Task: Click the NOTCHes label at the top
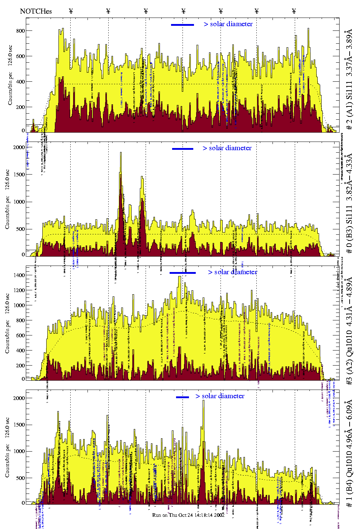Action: (x=36, y=11)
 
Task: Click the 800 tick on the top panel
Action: (x=20, y=31)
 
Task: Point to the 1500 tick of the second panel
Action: (x=19, y=175)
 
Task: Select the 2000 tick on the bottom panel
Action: (x=19, y=398)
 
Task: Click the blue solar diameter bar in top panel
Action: (x=183, y=25)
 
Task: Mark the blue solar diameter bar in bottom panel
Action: (x=183, y=397)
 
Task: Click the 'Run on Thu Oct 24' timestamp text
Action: (x=188, y=515)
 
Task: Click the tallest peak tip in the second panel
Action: (x=121, y=152)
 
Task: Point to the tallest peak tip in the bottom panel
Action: (x=204, y=400)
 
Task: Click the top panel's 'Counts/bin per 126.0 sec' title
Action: (x=10, y=75)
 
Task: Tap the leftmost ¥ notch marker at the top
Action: (x=71, y=11)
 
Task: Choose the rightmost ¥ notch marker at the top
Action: (x=294, y=11)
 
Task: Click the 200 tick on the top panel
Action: (x=20, y=107)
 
